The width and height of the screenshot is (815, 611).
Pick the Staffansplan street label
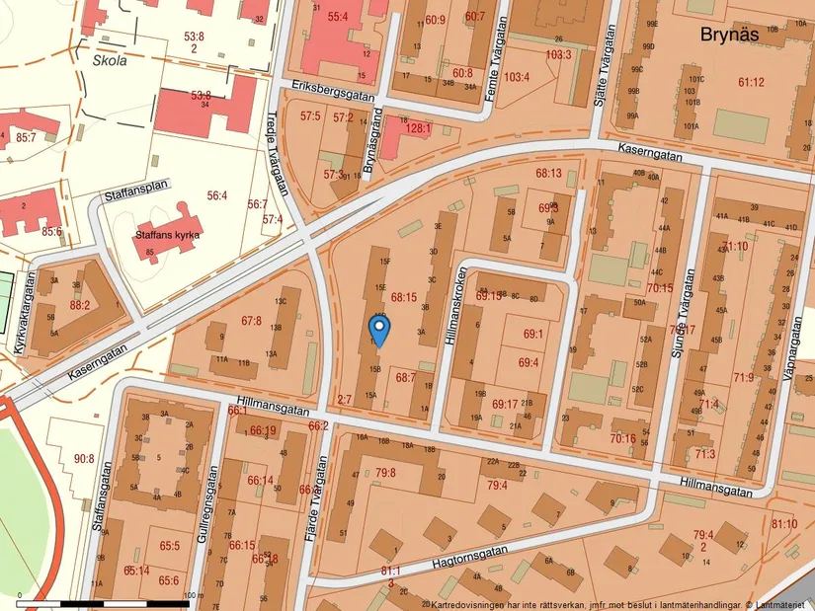click(x=137, y=190)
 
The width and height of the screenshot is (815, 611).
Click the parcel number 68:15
click(x=403, y=297)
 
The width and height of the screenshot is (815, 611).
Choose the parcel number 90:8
click(x=84, y=458)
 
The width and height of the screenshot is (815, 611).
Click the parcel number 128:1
click(x=418, y=128)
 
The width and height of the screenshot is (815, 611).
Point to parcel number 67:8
click(x=251, y=321)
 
